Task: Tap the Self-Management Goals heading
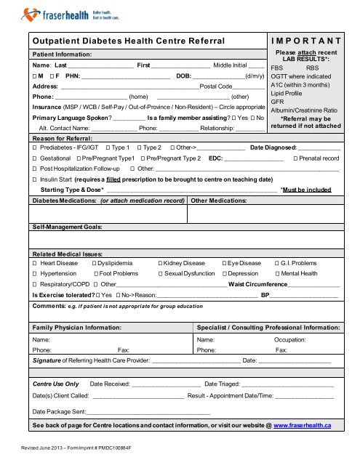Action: tap(68, 227)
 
